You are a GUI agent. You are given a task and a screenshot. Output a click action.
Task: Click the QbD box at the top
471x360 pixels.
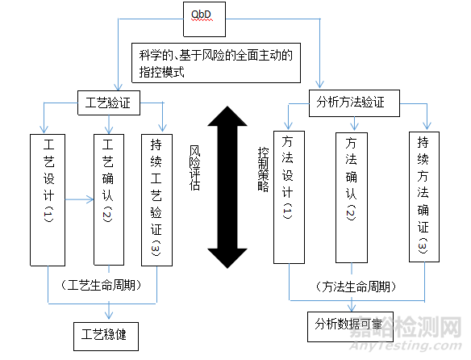tap(213, 20)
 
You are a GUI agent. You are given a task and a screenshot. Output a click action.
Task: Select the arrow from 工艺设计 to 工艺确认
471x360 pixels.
tap(79, 196)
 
